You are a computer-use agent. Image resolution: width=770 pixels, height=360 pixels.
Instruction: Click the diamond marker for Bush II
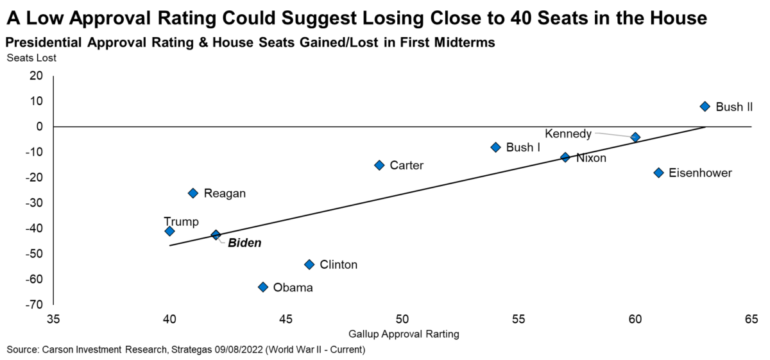[705, 107]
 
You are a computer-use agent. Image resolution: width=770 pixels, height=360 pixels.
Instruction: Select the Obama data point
[262, 287]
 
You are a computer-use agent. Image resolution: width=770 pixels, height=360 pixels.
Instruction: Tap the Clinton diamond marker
[309, 264]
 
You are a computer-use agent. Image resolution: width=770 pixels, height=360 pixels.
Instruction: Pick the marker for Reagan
[193, 193]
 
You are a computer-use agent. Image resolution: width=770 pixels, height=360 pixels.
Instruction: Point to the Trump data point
[169, 231]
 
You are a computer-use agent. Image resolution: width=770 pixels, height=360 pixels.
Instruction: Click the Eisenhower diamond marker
[658, 173]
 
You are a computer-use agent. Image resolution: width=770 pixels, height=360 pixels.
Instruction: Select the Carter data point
[379, 165]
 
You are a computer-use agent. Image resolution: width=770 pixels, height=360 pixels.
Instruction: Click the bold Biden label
[244, 244]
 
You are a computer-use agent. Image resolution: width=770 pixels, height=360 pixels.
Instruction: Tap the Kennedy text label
[568, 133]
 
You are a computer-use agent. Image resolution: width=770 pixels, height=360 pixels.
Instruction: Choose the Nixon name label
[591, 157]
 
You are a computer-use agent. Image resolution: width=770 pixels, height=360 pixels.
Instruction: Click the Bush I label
[523, 147]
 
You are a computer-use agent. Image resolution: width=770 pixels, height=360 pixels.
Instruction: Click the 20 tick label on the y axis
[37, 76]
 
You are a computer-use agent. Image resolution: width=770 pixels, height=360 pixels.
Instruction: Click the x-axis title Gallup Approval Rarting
[404, 334]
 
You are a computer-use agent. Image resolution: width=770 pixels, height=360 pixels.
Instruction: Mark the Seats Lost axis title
[31, 58]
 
